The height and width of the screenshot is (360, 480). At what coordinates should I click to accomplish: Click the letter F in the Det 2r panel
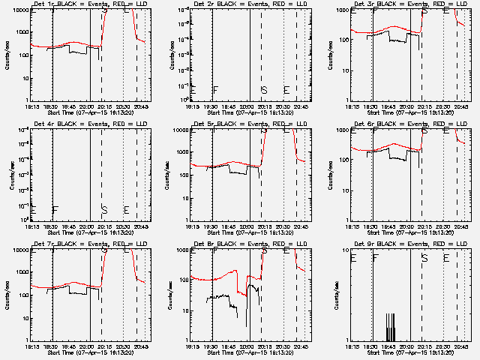pos(215,91)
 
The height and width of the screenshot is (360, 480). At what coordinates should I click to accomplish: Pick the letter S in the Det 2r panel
pos(263,91)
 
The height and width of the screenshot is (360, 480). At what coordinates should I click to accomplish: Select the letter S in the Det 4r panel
pos(103,210)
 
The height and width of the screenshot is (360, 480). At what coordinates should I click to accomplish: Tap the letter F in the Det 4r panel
pos(55,210)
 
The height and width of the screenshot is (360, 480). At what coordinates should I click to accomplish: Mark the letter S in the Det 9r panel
pos(424,258)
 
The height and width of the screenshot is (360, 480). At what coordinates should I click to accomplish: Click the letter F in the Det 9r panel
pos(376,258)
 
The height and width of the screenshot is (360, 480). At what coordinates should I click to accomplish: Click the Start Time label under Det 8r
pos(252,352)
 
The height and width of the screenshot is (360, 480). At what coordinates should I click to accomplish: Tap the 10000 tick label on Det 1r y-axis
pos(18,10)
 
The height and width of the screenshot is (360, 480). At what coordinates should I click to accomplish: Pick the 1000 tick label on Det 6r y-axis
pos(340,130)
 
